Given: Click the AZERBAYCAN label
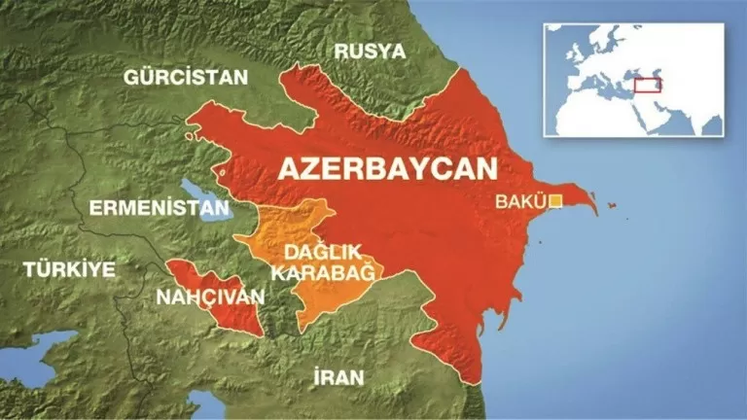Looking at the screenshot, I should coord(387,166).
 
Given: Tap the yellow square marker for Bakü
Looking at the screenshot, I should coord(555,201).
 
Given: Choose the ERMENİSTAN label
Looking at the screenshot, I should coord(159,207).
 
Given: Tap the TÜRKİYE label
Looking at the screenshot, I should coord(70,268).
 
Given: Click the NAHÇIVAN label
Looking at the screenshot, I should coord(203,295).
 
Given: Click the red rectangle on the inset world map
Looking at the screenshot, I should coord(648,85).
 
